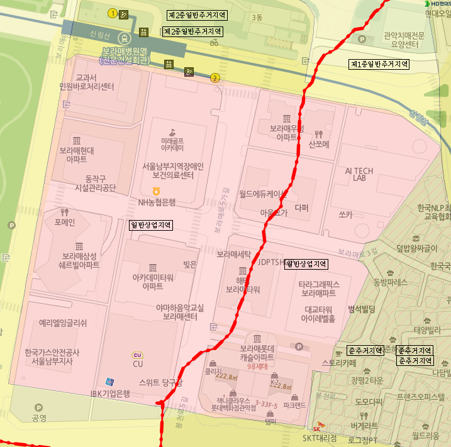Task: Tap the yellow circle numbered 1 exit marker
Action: (x=113, y=13)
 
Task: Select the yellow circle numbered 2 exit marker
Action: (x=215, y=78)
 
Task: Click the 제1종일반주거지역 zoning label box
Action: (x=379, y=64)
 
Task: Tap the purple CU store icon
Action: (x=138, y=355)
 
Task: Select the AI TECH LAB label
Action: (x=359, y=174)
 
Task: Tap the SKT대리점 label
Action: (x=320, y=438)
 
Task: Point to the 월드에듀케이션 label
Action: (x=263, y=194)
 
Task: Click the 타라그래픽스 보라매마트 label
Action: (x=319, y=289)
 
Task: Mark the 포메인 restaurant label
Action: (x=65, y=222)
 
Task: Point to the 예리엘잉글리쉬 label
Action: (x=63, y=323)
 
